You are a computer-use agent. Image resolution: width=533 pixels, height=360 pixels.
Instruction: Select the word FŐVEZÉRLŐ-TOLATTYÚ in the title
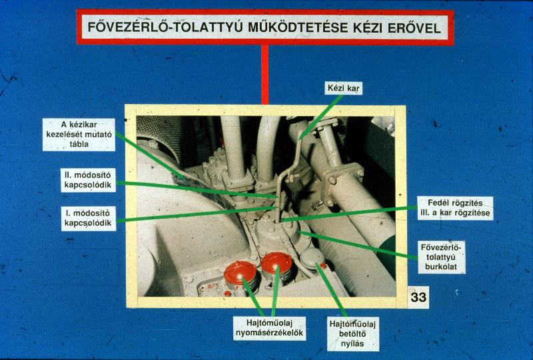(165, 27)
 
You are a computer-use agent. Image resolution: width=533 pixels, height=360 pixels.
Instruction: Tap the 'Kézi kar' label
(343, 89)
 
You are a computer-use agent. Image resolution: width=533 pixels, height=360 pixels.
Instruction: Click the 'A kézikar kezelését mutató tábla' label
(79, 135)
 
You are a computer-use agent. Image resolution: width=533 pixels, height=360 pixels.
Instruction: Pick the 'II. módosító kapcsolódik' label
(88, 180)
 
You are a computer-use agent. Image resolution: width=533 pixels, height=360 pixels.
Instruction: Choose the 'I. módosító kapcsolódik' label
(89, 218)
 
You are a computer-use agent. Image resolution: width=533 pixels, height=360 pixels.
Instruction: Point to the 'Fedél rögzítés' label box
(455, 208)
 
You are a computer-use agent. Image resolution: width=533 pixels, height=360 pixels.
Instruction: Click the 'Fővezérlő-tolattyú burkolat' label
(441, 257)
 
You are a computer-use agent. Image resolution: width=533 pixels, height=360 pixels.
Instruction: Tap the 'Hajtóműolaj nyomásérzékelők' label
(269, 328)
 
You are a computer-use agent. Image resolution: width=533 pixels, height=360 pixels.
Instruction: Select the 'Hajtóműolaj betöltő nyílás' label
(353, 334)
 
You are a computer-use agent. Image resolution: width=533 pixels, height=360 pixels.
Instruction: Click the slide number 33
(418, 297)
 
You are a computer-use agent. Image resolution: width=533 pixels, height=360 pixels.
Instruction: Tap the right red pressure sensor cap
(276, 263)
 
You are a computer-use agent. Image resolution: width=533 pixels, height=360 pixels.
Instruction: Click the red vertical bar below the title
(265, 75)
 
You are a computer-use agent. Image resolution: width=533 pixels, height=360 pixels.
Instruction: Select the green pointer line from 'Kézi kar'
(321, 117)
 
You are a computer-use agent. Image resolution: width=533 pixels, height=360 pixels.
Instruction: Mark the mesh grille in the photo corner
(159, 136)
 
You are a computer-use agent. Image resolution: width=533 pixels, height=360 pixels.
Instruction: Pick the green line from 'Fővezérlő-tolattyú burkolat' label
(358, 245)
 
